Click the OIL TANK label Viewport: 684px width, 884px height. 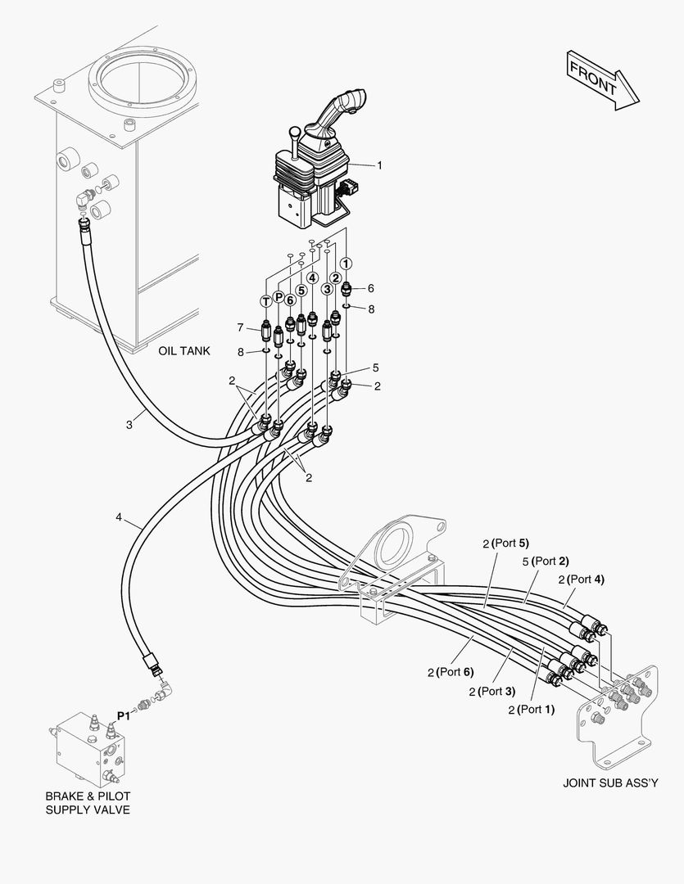[x=184, y=350]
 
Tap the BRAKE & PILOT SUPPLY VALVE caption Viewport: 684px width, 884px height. [x=88, y=803]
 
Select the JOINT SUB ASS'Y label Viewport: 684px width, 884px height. [x=610, y=783]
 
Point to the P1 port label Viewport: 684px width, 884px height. [x=123, y=715]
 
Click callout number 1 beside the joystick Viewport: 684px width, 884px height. [x=379, y=165]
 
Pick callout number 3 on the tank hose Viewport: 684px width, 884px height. [x=129, y=425]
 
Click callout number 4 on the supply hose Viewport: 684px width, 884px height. [x=119, y=517]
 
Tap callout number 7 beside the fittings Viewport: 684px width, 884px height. [x=241, y=327]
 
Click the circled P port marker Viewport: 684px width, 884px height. [x=279, y=296]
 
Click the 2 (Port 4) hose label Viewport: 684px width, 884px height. [x=581, y=580]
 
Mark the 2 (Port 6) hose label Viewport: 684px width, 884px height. [x=451, y=672]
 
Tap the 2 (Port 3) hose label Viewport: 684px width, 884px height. [x=491, y=692]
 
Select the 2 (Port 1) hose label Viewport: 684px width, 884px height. [x=531, y=710]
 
